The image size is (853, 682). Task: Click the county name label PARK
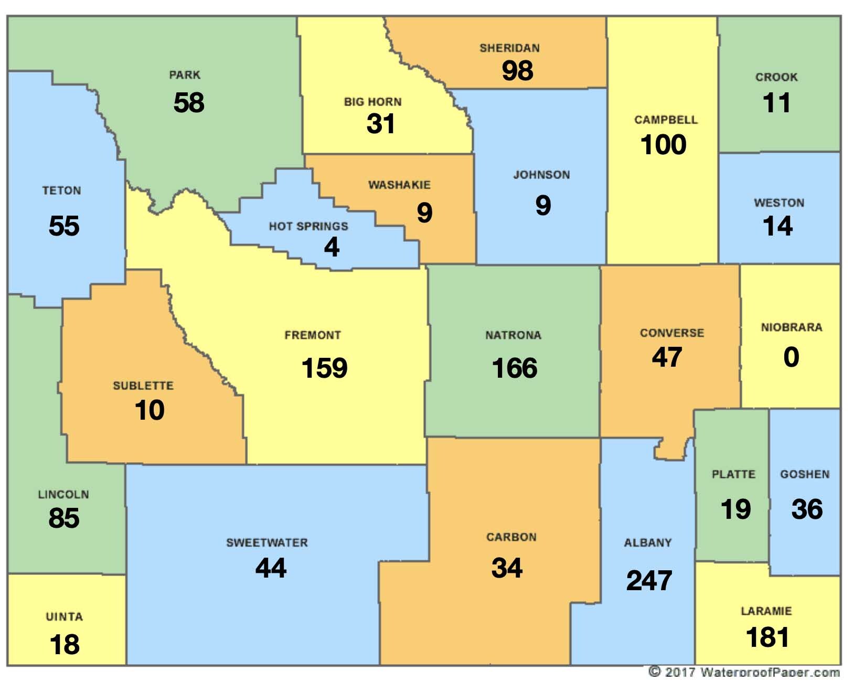click(185, 75)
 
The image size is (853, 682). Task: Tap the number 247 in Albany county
click(649, 581)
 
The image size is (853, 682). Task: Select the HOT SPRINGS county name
click(308, 226)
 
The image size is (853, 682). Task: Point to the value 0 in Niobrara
click(791, 357)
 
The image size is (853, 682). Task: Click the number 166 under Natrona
click(515, 368)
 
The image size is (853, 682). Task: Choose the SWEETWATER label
click(267, 542)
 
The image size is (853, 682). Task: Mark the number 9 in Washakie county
click(424, 212)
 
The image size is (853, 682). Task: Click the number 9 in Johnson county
click(543, 205)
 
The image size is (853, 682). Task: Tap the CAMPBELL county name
click(666, 120)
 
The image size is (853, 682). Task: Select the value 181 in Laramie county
click(767, 637)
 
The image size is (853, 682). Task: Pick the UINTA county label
click(64, 616)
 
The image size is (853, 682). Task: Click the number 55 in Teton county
click(64, 226)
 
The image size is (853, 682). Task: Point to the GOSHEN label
click(805, 474)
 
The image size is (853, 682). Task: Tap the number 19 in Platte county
click(735, 509)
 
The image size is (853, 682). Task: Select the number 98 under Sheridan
click(517, 70)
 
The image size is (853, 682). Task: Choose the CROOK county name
click(776, 77)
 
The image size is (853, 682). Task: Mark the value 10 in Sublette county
click(150, 410)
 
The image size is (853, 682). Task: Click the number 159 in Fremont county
click(324, 368)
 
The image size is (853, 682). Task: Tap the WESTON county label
click(779, 203)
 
